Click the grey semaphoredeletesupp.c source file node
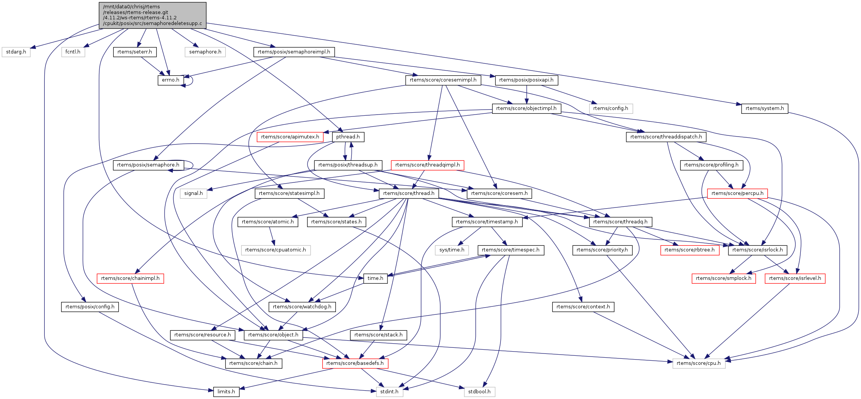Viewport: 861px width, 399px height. click(152, 15)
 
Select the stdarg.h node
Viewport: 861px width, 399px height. click(16, 52)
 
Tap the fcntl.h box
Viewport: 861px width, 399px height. click(73, 52)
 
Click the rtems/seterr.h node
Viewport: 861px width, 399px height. click(135, 52)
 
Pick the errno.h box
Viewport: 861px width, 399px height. click(171, 80)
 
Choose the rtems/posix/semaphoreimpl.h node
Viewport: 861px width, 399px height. click(294, 52)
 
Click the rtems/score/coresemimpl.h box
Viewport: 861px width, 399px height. click(443, 80)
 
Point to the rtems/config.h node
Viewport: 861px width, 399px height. click(610, 108)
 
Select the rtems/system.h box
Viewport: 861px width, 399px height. click(764, 108)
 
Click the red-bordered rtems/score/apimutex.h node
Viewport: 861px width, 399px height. click(290, 137)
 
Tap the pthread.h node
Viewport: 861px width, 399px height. click(348, 137)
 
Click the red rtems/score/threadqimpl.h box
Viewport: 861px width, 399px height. click(427, 165)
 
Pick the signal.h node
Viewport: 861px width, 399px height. click(193, 193)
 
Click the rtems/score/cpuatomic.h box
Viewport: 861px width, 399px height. click(276, 250)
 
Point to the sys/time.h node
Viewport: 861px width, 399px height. click(452, 250)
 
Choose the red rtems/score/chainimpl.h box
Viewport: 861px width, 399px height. click(130, 278)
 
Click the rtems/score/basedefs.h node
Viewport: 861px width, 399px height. click(355, 363)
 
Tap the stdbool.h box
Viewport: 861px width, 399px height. click(479, 392)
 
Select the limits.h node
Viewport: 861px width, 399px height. click(226, 392)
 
